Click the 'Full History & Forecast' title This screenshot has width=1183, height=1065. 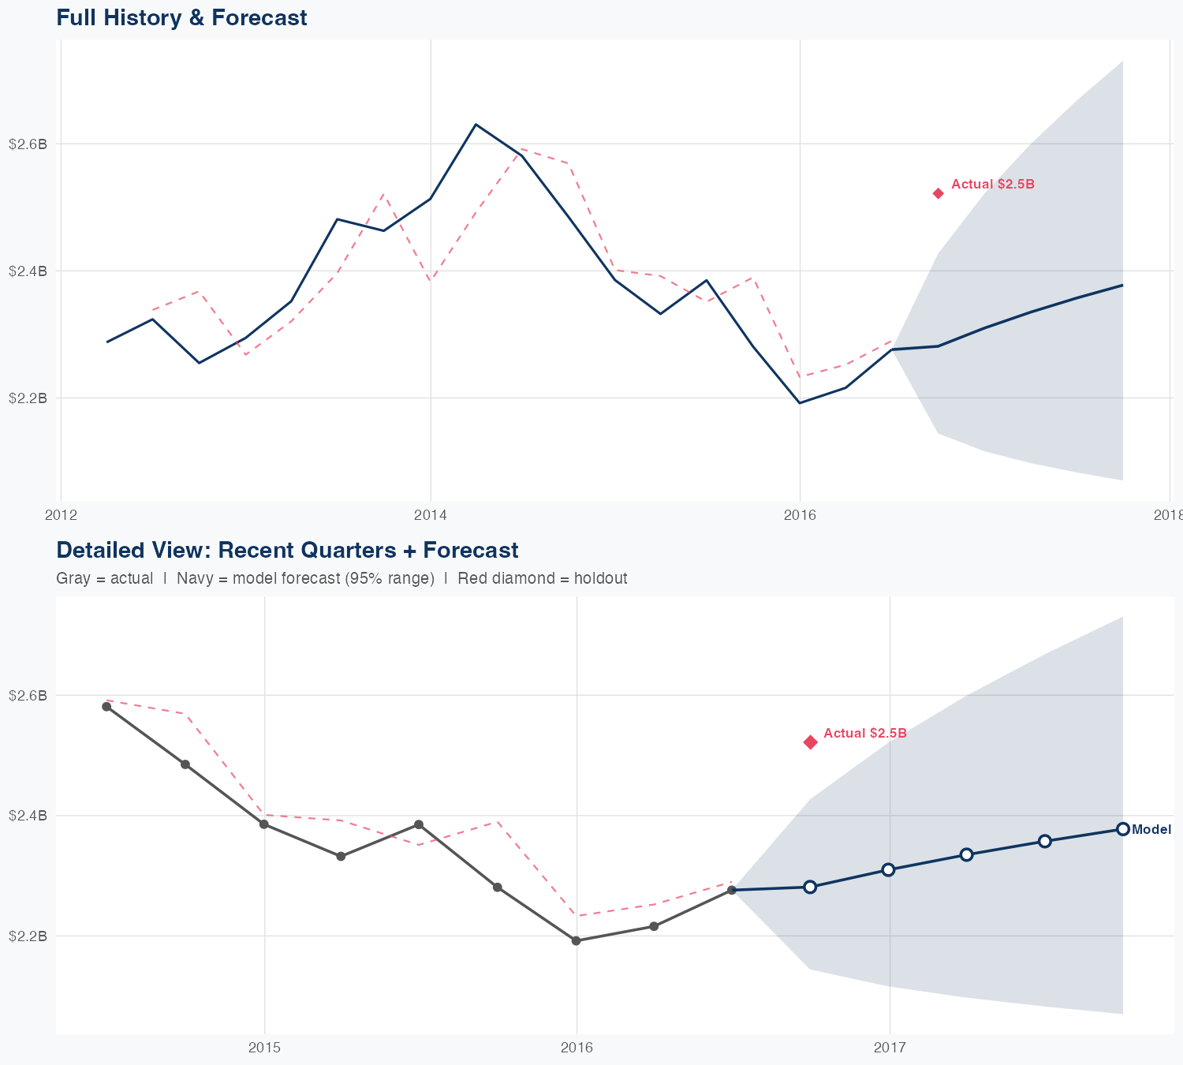pyautogui.click(x=181, y=17)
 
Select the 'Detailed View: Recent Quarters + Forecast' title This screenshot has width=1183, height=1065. pyautogui.click(x=287, y=550)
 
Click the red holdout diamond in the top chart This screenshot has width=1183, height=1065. pyautogui.click(x=939, y=193)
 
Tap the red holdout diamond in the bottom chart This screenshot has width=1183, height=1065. pyautogui.click(x=810, y=742)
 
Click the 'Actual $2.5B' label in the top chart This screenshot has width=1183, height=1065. pyautogui.click(x=992, y=185)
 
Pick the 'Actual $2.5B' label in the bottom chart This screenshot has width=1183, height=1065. pyautogui.click(x=864, y=734)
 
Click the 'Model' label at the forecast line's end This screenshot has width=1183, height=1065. pyautogui.click(x=1151, y=830)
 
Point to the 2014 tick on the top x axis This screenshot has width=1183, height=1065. pyautogui.click(x=431, y=515)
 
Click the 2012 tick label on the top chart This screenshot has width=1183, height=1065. pyautogui.click(x=61, y=515)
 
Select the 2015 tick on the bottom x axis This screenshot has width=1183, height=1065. pyautogui.click(x=264, y=1048)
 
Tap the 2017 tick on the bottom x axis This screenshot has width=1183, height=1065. pyautogui.click(x=890, y=1048)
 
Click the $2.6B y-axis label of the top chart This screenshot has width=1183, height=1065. pyautogui.click(x=28, y=144)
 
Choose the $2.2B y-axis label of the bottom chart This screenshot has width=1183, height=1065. pyautogui.click(x=28, y=936)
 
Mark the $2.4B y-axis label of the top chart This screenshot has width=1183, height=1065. pyautogui.click(x=28, y=271)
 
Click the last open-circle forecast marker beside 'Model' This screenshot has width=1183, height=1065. pyautogui.click(x=1123, y=829)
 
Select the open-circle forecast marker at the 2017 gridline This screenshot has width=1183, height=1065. pyautogui.click(x=888, y=869)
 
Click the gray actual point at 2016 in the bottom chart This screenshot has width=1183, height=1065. pyautogui.click(x=577, y=940)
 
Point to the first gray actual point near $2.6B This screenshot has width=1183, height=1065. pyautogui.click(x=106, y=706)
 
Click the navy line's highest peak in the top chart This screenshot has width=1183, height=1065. pyautogui.click(x=476, y=125)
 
